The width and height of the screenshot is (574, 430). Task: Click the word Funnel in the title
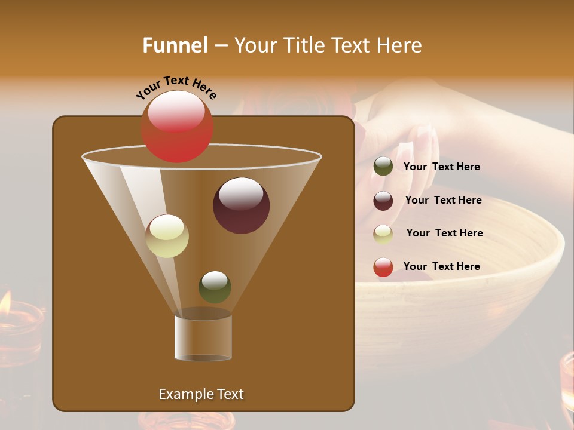(175, 45)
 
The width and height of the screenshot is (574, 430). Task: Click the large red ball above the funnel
(176, 126)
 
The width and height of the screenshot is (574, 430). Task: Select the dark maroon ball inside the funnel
(241, 205)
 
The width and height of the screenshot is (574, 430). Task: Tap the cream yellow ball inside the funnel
(167, 236)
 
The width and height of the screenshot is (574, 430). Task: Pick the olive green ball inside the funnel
(215, 287)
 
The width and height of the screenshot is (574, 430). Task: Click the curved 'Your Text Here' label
(176, 87)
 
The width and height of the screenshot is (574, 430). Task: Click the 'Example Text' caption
(201, 394)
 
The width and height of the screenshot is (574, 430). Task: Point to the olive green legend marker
(383, 167)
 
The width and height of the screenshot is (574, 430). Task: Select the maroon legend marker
(383, 201)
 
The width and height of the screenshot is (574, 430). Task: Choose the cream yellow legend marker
(383, 234)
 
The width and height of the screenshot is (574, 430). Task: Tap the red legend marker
(383, 267)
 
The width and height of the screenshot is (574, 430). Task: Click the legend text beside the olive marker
(441, 167)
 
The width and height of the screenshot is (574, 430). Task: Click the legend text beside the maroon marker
(443, 200)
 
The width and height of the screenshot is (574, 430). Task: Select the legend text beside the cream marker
(444, 233)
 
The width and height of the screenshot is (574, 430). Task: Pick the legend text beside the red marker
(441, 266)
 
